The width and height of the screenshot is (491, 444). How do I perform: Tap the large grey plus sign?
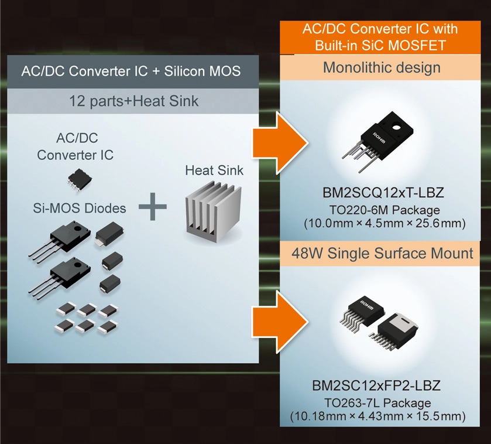(x=153, y=208)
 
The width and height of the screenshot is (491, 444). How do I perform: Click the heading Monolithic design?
(x=381, y=67)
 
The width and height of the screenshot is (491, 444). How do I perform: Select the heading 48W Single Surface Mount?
(x=383, y=254)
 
